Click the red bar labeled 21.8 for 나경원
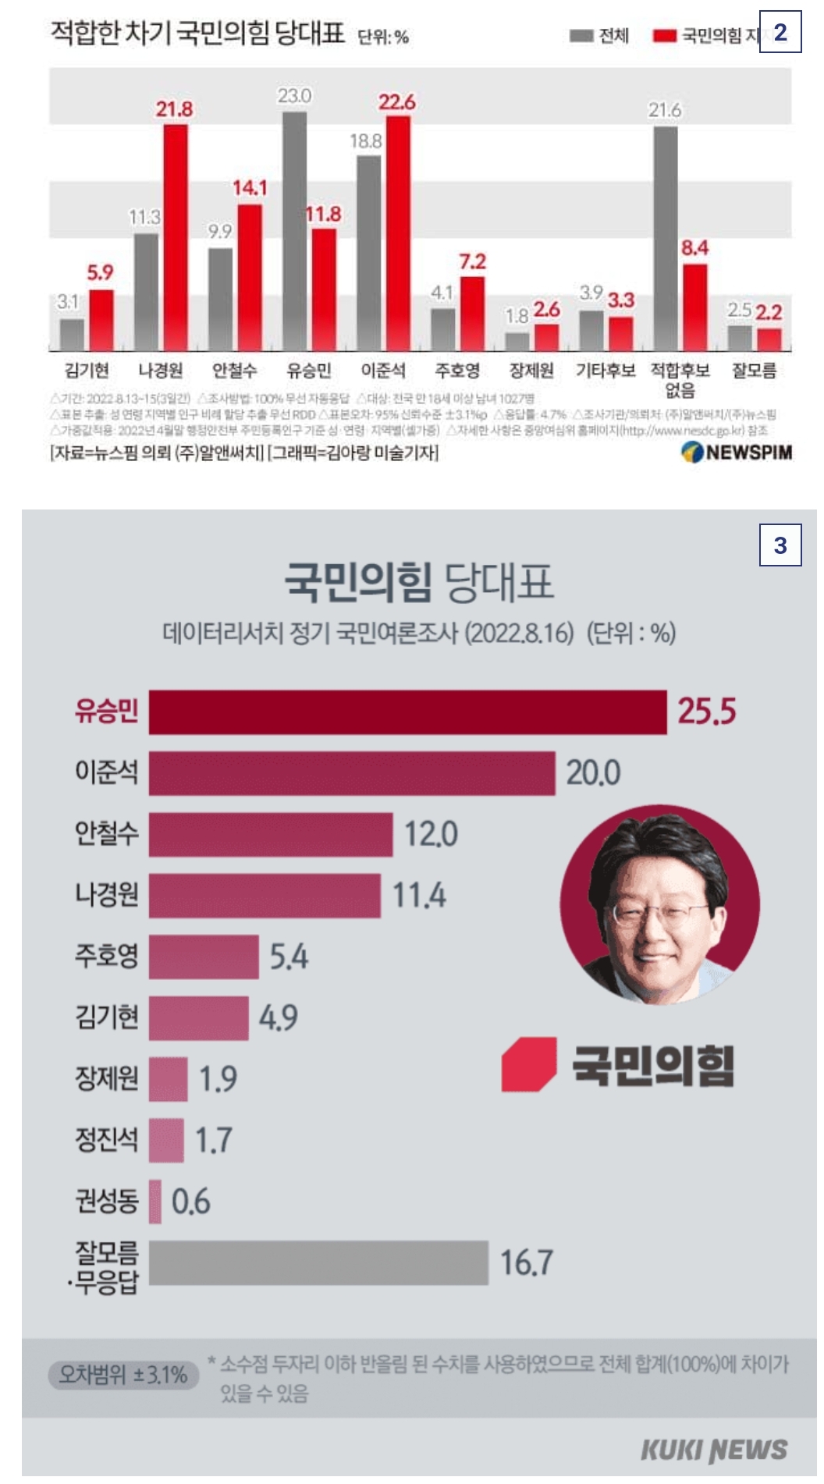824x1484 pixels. point(176,237)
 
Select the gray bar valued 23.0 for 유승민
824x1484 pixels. point(294,231)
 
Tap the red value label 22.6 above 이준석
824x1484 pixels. point(396,102)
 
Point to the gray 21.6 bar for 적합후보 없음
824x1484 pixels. point(665,238)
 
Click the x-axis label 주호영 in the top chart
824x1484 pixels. point(457,371)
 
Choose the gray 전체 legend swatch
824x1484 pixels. point(581,36)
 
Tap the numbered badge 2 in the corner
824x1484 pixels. point(780,33)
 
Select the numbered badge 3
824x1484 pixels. point(780,545)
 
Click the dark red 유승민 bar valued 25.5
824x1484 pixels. point(407,712)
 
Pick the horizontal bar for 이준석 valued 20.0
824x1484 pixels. point(351,773)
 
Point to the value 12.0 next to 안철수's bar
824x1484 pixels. point(431,834)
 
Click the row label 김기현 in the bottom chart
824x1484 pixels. point(106,1017)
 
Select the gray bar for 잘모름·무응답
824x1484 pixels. point(318,1262)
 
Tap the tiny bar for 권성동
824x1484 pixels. point(155,1202)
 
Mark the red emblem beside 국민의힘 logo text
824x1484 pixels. point(529,1064)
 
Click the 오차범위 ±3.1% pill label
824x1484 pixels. point(123,1375)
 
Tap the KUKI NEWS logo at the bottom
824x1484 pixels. point(713,1450)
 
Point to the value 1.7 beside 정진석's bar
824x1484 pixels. point(213,1141)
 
